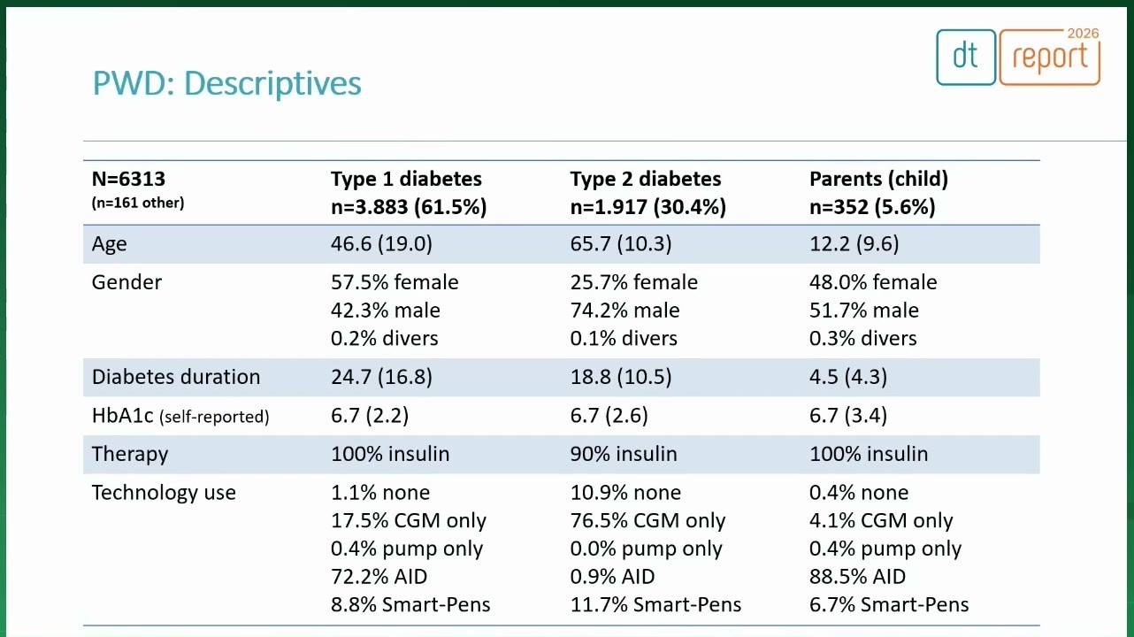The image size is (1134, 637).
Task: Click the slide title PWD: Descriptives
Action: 226,83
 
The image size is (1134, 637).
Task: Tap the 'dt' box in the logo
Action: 966,58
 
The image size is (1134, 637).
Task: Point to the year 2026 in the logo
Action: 1083,34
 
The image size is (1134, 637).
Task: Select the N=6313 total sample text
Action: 128,179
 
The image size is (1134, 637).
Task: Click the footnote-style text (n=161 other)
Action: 138,203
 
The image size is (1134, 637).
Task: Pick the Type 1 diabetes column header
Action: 406,179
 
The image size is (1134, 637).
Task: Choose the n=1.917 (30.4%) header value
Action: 648,207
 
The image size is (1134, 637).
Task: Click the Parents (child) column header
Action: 879,179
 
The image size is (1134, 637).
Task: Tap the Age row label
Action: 110,244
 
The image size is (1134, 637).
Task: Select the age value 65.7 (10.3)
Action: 621,243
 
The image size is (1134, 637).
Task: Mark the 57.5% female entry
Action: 395,282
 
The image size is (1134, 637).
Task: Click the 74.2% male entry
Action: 624,311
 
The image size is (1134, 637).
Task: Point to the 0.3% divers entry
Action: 862,338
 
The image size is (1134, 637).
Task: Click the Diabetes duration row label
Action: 176,377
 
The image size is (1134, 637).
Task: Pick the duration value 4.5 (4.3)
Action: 848,377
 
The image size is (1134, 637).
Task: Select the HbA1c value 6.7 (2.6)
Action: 609,415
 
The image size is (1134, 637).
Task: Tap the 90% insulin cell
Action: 624,454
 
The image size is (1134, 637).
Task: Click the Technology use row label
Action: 164,493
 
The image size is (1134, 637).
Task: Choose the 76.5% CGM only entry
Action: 647,520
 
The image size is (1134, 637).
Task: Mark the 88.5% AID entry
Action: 857,577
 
